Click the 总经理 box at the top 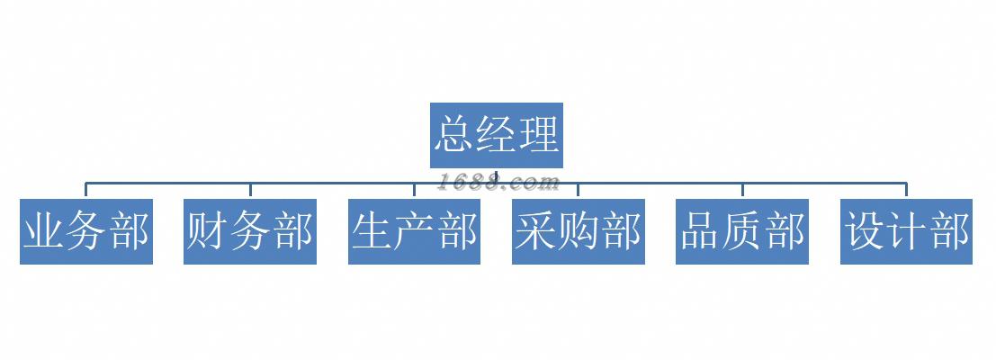coord(497,135)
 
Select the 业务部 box coord(86,232)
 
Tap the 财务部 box coord(250,232)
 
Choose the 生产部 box coord(414,232)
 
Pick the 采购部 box coord(579,232)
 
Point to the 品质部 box coord(742,232)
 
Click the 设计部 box coord(906,232)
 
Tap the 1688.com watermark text coord(500,183)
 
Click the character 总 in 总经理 coord(454,135)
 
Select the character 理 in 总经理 coord(539,135)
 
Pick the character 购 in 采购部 coord(579,232)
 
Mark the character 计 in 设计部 coord(906,232)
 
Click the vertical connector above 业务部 coord(86,190)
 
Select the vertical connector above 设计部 coord(906,190)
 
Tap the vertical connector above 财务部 coord(250,190)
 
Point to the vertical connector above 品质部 coord(742,190)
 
